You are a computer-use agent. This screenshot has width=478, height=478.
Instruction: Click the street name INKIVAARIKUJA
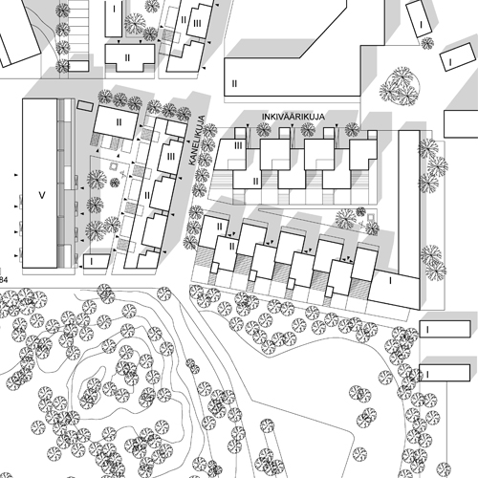tap(293, 117)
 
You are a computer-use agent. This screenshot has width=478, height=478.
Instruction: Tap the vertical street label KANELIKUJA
tap(196, 141)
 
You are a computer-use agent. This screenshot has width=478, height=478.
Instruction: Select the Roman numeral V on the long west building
tap(42, 195)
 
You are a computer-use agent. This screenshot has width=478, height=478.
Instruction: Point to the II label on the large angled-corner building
tap(234, 83)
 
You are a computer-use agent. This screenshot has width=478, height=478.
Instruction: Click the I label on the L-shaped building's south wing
tap(391, 281)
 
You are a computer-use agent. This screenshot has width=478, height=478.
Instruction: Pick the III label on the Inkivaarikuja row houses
tap(238, 145)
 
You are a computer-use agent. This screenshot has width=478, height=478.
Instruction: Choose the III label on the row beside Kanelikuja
tap(171, 157)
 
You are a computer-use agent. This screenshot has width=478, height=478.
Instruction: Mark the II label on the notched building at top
tap(127, 57)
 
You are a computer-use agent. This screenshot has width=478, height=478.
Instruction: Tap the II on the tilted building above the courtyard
tap(119, 122)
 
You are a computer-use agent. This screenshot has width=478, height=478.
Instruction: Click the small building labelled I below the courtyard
tap(97, 262)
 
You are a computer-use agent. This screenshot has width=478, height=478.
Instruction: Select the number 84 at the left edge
tap(4, 280)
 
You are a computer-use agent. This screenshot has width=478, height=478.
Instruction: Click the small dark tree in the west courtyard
tap(115, 183)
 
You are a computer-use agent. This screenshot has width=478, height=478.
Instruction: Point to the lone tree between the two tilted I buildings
tap(427, 43)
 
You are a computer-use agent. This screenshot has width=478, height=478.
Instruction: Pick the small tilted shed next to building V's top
tap(85, 106)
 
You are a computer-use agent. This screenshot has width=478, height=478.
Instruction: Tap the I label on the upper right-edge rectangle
tap(427, 330)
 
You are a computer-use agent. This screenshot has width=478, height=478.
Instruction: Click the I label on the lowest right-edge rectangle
tap(427, 374)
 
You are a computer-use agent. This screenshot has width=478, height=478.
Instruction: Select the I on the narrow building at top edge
tap(114, 9)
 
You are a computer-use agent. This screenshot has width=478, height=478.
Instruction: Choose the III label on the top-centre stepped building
tap(197, 23)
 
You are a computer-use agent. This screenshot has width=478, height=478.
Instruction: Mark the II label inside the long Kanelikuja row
tap(147, 195)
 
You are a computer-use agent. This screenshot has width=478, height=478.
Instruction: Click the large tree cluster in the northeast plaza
tap(400, 86)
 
